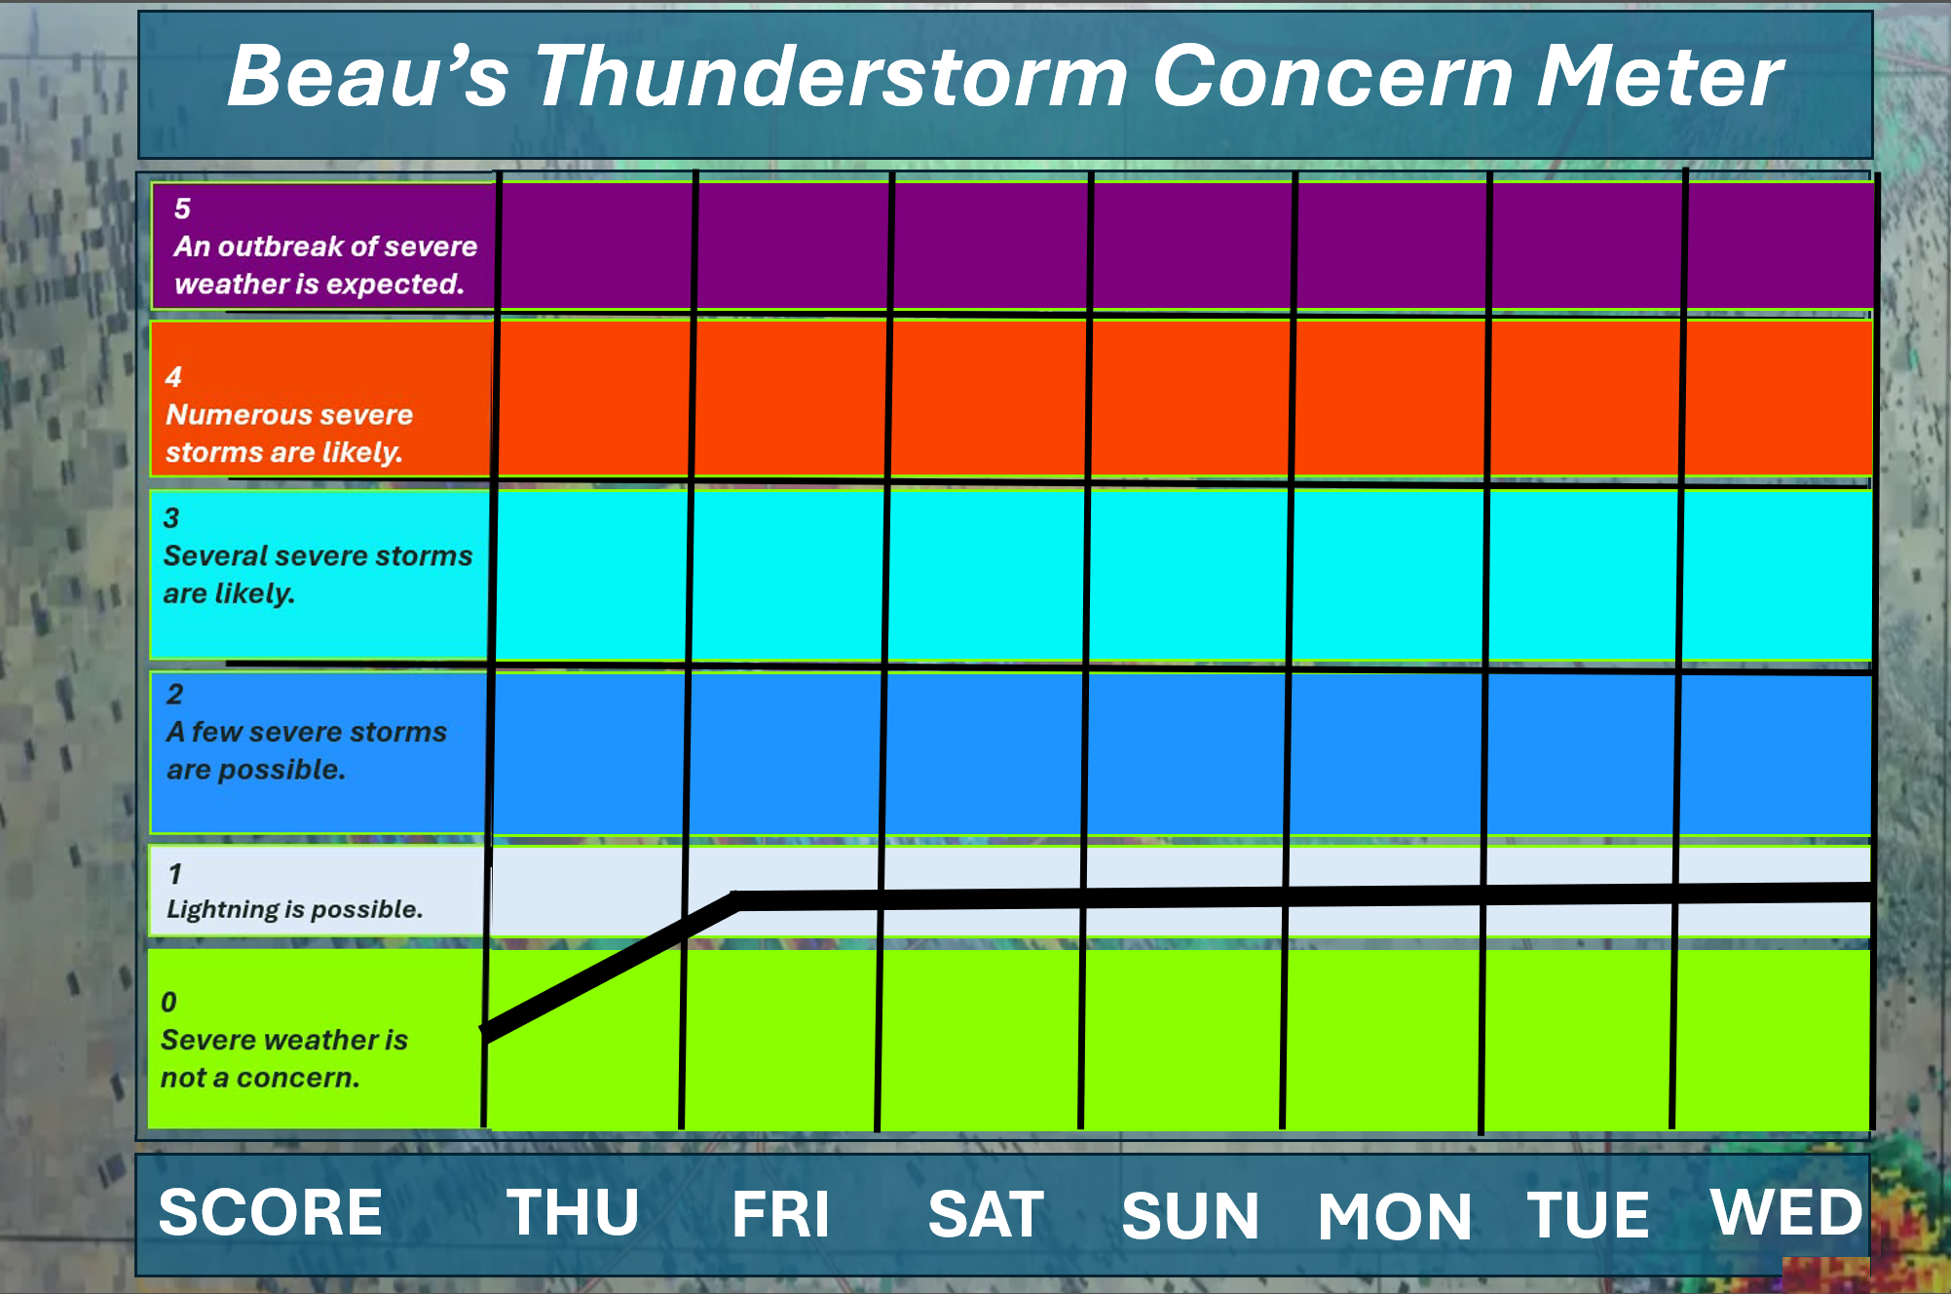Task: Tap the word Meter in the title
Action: (1659, 76)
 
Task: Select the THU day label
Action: (573, 1212)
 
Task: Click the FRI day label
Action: (780, 1214)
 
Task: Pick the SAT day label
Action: (986, 1214)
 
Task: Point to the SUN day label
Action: (1190, 1216)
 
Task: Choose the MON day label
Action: (1395, 1216)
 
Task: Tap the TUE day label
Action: (1588, 1215)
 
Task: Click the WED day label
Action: (1786, 1212)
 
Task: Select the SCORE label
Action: (271, 1212)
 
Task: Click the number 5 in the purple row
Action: (182, 209)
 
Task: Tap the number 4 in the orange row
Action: (173, 377)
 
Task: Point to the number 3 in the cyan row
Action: (171, 518)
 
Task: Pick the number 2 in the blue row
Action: (174, 694)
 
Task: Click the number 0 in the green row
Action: (169, 1002)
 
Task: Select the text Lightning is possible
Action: (294, 909)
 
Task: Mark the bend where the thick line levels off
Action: (737, 900)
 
